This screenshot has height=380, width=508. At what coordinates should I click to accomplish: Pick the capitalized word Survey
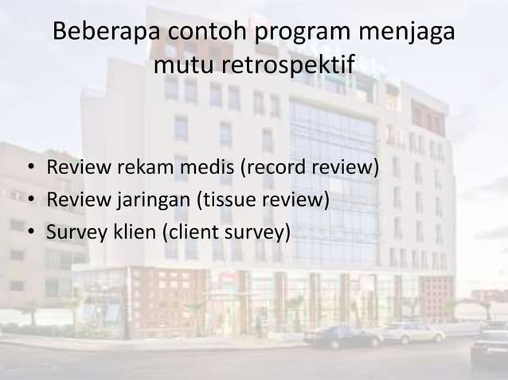(x=72, y=232)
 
